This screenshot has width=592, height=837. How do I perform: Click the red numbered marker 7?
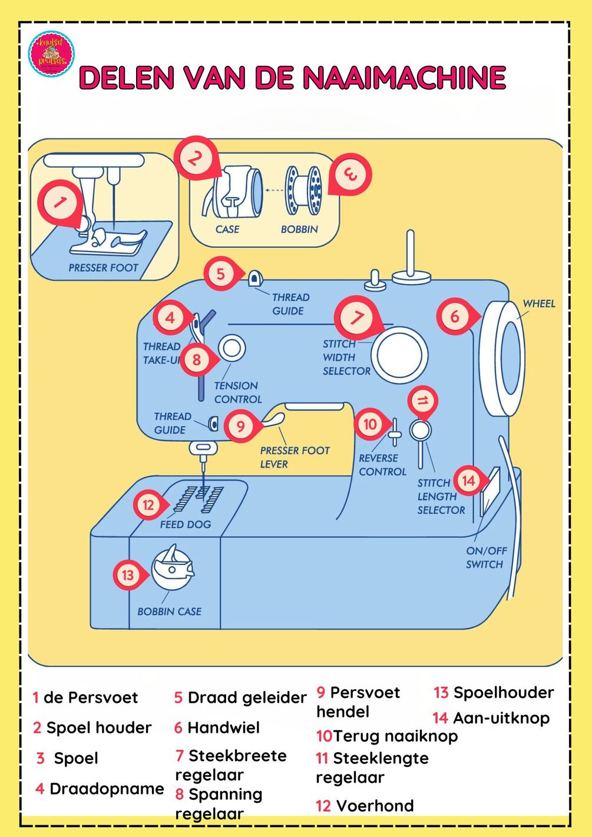[x=356, y=317]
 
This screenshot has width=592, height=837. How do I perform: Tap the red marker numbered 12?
[x=148, y=505]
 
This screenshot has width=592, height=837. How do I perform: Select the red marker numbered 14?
[x=468, y=481]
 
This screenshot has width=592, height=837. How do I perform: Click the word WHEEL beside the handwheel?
[x=539, y=303]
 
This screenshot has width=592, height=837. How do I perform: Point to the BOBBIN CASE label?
[x=169, y=611]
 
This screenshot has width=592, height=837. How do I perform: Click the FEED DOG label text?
[x=185, y=524]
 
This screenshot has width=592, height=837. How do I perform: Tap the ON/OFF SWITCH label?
[x=485, y=557]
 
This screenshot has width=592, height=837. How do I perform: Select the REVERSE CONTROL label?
[x=382, y=465]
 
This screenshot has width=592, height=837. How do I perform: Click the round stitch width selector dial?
[x=399, y=355]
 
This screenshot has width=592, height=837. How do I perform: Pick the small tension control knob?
[x=231, y=348]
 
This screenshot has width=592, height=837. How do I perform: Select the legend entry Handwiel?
[x=223, y=727]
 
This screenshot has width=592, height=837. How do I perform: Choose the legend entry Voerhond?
[x=374, y=805]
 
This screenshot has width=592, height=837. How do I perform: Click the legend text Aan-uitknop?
[x=501, y=717]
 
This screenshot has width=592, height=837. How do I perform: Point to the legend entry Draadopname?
[x=106, y=789]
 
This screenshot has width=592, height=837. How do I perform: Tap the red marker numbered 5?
[x=221, y=274]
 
